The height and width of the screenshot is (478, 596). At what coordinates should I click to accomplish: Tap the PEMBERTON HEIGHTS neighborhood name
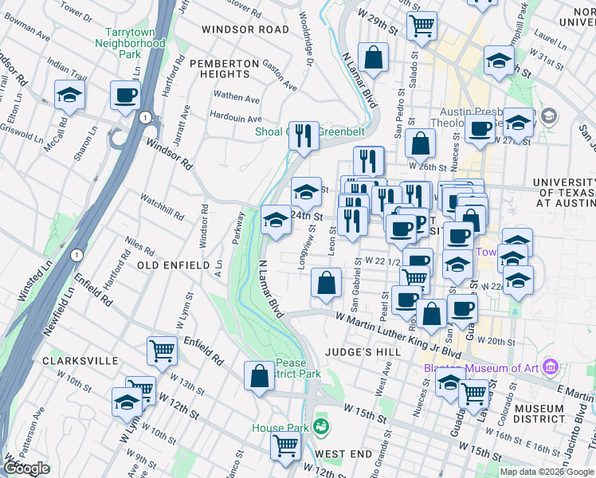click(x=225, y=68)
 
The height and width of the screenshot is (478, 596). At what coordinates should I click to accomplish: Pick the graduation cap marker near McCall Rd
click(x=69, y=95)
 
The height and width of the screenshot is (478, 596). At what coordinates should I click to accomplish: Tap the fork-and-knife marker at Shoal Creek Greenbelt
click(x=304, y=136)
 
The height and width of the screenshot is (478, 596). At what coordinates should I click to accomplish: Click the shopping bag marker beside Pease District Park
click(x=260, y=376)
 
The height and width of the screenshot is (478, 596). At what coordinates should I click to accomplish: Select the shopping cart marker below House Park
click(x=285, y=446)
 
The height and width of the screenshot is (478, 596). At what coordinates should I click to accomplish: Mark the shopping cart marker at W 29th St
click(x=422, y=24)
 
